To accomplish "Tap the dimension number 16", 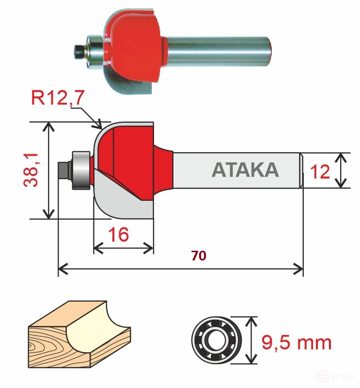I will (x=118, y=235).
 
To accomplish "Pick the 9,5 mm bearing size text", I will (x=297, y=342).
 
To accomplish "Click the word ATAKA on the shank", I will (x=245, y=170).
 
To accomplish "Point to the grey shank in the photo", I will (x=218, y=47).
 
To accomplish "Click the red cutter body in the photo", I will (x=138, y=44).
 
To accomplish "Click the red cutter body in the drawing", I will (x=131, y=150).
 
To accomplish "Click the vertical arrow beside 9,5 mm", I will (x=250, y=340).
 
